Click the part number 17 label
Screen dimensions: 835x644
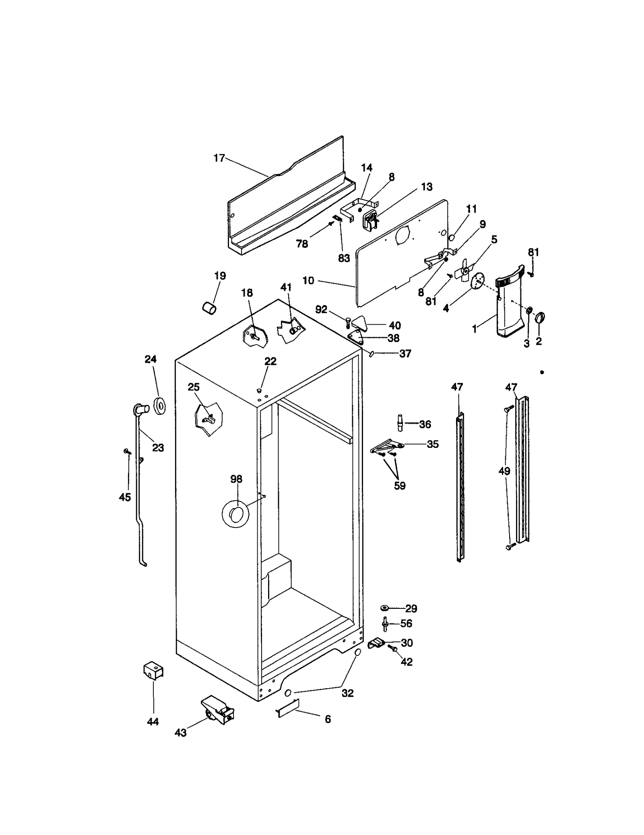click(x=219, y=158)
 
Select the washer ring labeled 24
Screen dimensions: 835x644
click(x=160, y=405)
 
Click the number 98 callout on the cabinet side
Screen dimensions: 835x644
click(x=236, y=479)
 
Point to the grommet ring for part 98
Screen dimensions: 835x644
click(x=235, y=514)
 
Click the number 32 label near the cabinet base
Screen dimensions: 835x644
click(x=347, y=693)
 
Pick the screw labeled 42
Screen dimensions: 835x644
click(x=392, y=648)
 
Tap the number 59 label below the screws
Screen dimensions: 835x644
click(x=399, y=486)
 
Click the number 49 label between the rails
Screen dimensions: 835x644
click(x=504, y=471)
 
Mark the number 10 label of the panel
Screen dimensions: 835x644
click(x=308, y=280)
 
